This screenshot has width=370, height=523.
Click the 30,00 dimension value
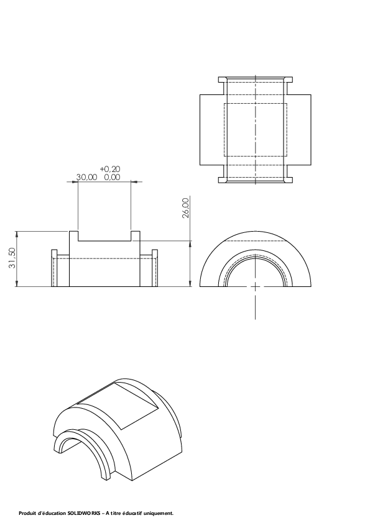pyautogui.click(x=87, y=177)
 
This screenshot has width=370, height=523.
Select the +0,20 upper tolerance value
pyautogui.click(x=110, y=169)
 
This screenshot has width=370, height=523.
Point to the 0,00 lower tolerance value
pyautogui.click(x=112, y=177)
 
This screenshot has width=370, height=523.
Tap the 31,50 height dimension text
pyautogui.click(x=12, y=258)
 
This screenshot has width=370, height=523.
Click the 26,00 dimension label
pyautogui.click(x=186, y=208)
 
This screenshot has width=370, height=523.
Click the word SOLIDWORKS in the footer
pyautogui.click(x=84, y=513)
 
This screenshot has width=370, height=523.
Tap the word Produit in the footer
pyautogui.click(x=25, y=513)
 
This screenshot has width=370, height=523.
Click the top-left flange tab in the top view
pyautogui.click(x=223, y=80)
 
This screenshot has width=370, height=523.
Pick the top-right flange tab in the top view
pyautogui.click(x=289, y=80)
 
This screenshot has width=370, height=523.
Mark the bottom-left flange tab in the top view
pyautogui.click(x=223, y=180)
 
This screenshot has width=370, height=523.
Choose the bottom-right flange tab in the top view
pyautogui.click(x=289, y=180)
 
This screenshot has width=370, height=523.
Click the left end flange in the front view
pyautogui.click(x=55, y=268)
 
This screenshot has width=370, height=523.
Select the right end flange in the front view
pyautogui.click(x=155, y=268)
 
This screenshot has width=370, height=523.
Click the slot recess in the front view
pyautogui.click(x=104, y=236)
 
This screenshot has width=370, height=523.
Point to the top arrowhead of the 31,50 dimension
pyautogui.click(x=17, y=233)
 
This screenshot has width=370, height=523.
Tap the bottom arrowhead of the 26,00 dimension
pyautogui.click(x=190, y=284)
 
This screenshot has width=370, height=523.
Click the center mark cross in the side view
pyautogui.click(x=256, y=286)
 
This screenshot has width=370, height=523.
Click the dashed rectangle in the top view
pyautogui.click(x=256, y=130)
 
